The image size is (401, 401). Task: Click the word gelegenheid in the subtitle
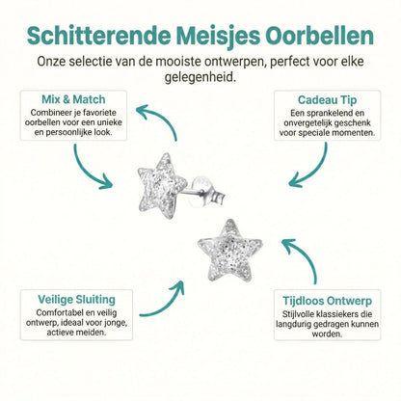(x=200, y=78)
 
